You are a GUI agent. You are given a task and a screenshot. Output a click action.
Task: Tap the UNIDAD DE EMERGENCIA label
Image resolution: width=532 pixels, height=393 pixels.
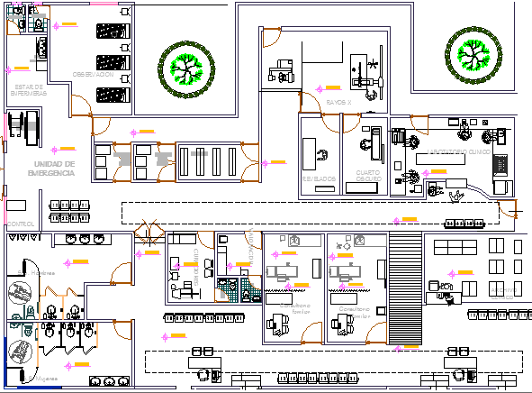[50, 168]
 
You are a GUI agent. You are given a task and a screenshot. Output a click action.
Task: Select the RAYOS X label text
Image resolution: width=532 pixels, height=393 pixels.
[339, 103]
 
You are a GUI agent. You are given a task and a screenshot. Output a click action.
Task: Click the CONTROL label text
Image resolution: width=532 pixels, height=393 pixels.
[19, 223]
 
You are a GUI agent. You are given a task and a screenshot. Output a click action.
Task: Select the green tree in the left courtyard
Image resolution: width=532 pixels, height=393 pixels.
[186, 65]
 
